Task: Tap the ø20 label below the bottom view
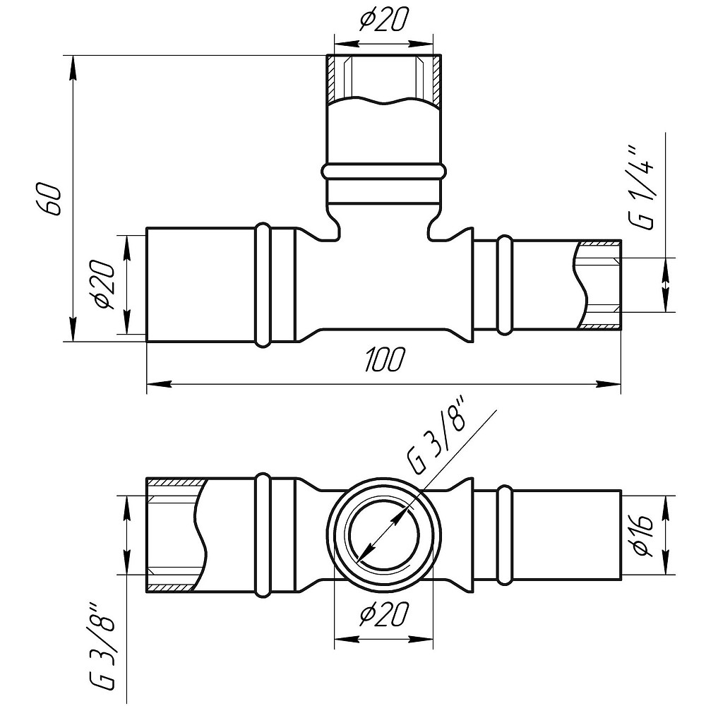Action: coord(383,614)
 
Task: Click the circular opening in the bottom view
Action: coord(383,535)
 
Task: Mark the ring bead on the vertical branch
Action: coord(383,172)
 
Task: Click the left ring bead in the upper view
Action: coord(263,285)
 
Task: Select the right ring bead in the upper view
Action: coord(504,285)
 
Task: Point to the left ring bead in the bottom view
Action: coord(263,535)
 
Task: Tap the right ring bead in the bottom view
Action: coord(504,535)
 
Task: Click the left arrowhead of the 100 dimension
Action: coord(160,384)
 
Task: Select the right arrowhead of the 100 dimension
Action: coord(609,384)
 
